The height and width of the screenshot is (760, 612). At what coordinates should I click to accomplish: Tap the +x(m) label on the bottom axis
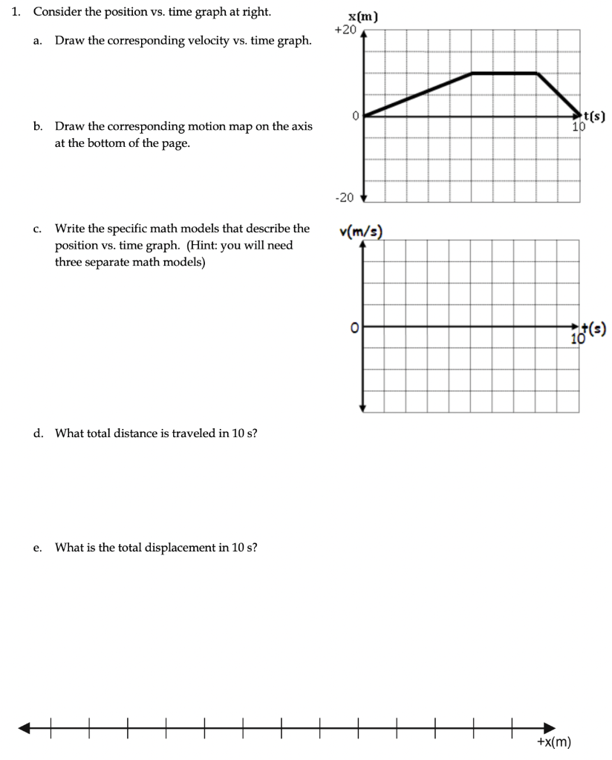[553, 743]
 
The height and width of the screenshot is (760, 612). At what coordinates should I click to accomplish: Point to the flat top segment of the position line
[504, 73]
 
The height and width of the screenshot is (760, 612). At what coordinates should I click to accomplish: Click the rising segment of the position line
[417, 94]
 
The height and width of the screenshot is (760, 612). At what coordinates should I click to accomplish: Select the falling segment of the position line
[559, 94]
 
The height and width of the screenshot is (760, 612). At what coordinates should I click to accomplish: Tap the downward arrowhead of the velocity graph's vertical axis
[363, 407]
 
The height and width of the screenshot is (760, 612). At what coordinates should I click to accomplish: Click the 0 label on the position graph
[355, 116]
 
